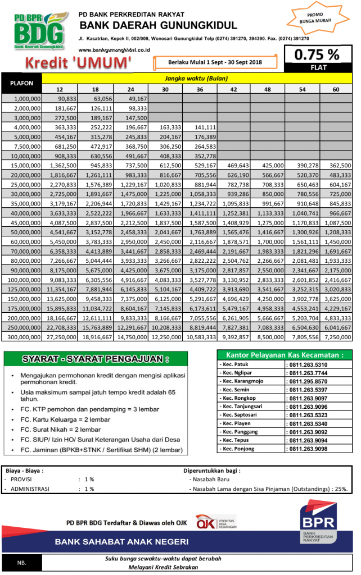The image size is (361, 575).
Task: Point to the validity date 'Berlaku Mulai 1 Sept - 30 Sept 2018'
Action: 215,62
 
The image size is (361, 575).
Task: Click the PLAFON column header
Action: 21,83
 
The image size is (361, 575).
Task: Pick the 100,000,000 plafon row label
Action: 21,279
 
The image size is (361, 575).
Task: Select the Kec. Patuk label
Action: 234,364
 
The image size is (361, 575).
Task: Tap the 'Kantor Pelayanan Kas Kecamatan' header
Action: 284,355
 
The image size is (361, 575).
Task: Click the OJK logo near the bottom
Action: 216,523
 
